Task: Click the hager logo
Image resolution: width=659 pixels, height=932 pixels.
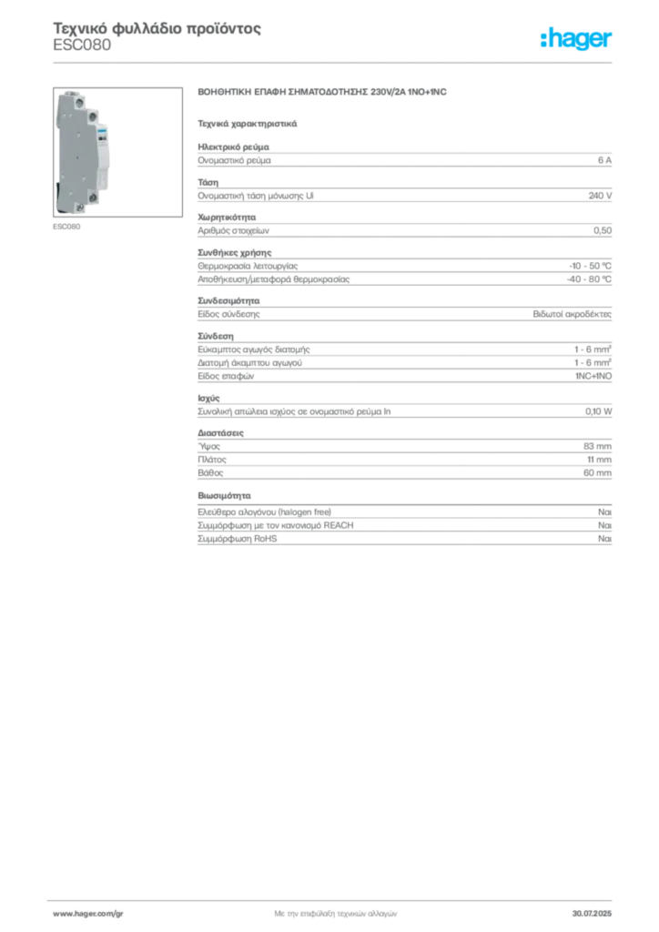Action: (576, 39)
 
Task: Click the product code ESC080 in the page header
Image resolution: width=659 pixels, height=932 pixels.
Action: (82, 46)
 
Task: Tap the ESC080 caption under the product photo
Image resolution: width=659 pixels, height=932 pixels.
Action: (66, 227)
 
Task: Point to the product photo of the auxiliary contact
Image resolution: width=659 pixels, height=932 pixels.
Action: (117, 152)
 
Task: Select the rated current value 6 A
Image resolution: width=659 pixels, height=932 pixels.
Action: (604, 160)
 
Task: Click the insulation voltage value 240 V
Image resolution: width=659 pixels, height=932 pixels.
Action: (600, 196)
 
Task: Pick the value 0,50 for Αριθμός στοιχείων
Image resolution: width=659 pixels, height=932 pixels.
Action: (602, 230)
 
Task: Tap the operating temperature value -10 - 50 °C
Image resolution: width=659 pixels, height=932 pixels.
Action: (590, 266)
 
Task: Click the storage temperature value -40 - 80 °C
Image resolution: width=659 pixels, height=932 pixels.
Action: (589, 279)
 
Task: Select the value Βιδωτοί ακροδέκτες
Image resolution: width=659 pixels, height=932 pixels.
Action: (572, 314)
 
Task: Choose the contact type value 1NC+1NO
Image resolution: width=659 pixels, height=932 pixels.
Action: (593, 376)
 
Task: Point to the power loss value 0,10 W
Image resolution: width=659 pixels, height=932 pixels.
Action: (598, 411)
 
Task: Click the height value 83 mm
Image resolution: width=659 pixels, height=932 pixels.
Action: (597, 446)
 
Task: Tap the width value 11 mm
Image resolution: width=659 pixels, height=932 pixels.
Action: (599, 460)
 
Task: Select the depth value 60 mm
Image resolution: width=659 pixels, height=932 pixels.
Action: (597, 473)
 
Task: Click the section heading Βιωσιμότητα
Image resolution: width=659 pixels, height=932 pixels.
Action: (224, 496)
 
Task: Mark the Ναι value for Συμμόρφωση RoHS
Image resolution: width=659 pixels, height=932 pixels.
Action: (604, 539)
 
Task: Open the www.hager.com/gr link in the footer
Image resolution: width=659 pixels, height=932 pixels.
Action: (88, 914)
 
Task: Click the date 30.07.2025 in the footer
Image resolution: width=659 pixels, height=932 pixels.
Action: (592, 914)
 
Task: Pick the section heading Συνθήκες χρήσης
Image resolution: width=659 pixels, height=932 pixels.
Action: (234, 253)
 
